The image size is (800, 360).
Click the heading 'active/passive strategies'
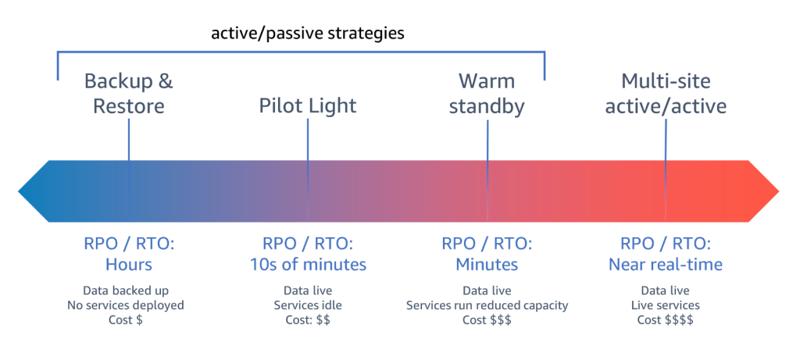[307, 34]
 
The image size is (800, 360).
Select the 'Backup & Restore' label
[129, 93]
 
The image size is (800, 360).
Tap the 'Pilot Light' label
[308, 105]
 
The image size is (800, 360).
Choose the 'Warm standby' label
[487, 93]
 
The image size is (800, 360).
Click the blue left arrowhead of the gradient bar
[35, 190]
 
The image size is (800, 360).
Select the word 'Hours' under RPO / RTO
[129, 265]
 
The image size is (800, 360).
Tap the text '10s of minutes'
[308, 265]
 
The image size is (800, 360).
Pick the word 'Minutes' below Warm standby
[487, 265]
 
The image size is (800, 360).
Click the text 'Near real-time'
[666, 265]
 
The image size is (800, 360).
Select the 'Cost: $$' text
[308, 319]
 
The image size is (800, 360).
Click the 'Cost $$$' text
[487, 319]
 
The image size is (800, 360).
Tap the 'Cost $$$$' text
[666, 319]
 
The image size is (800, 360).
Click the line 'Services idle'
[308, 305]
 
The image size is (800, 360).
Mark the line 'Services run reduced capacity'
[487, 305]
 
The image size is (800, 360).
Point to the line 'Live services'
[666, 305]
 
